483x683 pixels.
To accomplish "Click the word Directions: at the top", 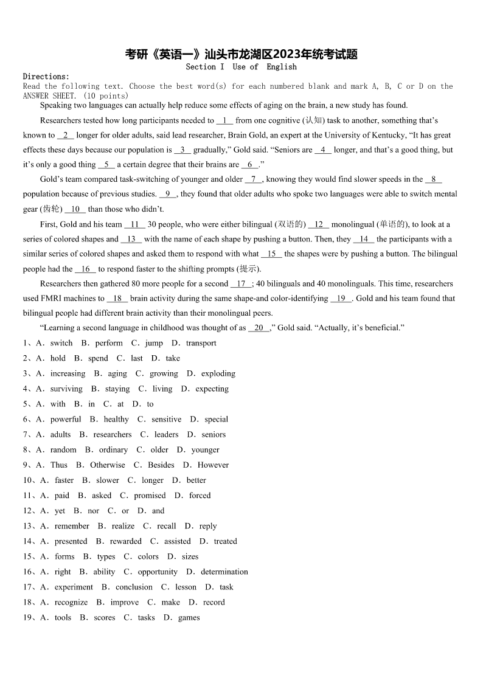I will pos(46,77).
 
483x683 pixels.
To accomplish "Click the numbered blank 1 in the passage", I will pos(224,120).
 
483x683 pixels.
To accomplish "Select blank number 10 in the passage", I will pos(75,209).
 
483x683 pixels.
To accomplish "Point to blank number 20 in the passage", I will pos(259,328).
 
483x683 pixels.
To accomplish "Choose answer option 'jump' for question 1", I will pos(154,343).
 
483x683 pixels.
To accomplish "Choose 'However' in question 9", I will pos(213,465).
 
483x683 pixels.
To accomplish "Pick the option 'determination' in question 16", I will pos(224,572).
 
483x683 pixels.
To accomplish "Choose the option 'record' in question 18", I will pos(214,602).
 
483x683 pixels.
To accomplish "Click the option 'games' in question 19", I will pos(189,617).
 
